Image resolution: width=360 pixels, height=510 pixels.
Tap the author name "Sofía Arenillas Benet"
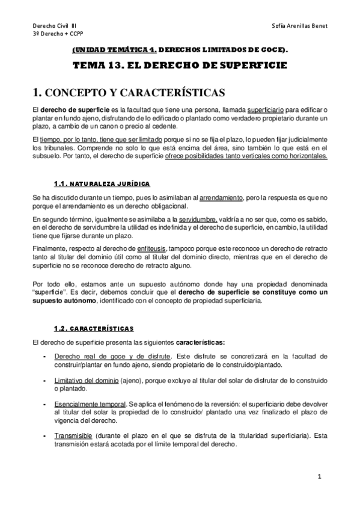(299, 26)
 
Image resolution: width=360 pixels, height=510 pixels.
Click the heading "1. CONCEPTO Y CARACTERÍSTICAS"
(129, 92)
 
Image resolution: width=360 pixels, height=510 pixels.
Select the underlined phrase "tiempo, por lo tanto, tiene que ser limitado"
(106, 139)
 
